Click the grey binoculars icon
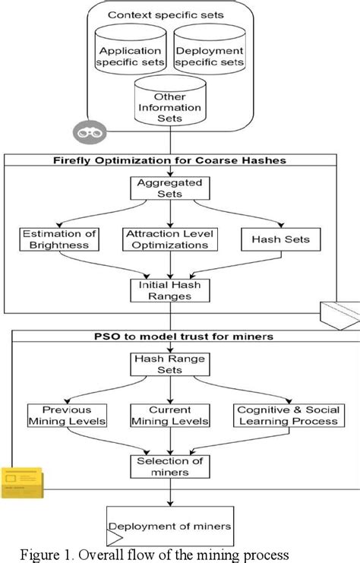pos(86,131)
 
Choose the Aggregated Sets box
pos(169,188)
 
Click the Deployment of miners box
pos(169,526)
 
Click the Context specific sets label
pos(169,14)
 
